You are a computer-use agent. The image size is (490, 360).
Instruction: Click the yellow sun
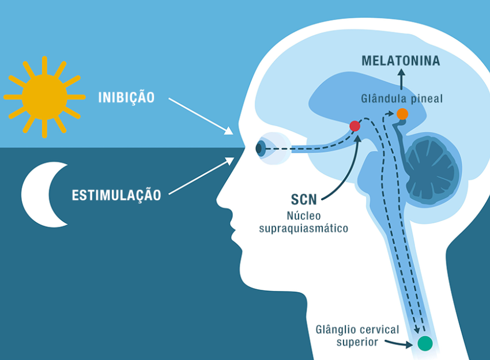coord(44,97)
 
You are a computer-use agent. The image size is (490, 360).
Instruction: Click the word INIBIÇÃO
coord(126,97)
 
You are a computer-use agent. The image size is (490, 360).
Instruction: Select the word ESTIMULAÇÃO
coord(116,195)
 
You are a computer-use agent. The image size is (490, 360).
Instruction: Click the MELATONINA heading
coord(401,61)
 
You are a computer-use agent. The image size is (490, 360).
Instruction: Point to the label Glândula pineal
coord(402,98)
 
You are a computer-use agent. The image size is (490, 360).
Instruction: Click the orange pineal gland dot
coord(402,114)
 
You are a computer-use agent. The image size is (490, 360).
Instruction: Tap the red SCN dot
coord(355,126)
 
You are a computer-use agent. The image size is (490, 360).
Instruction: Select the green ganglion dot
coord(425,343)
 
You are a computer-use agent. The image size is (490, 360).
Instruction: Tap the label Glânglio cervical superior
coord(357,336)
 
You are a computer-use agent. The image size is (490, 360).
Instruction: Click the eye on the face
coord(261,149)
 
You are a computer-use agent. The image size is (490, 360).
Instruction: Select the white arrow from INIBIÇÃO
coord(201,115)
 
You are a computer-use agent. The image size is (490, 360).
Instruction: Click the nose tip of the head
coord(218,203)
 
